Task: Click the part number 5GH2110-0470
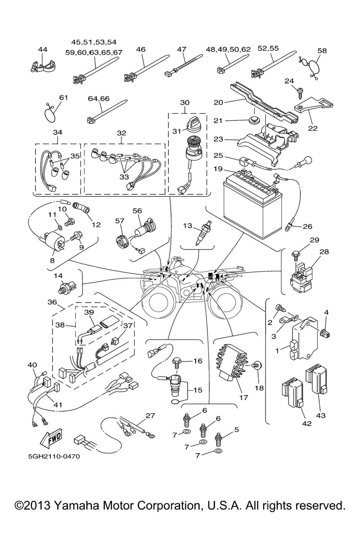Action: pos(54,457)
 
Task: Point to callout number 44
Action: pos(43,50)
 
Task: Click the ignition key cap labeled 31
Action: pos(192,123)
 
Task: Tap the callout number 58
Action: pos(322,50)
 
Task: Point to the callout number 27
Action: pos(150,416)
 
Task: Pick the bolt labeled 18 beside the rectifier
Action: pos(257,366)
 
